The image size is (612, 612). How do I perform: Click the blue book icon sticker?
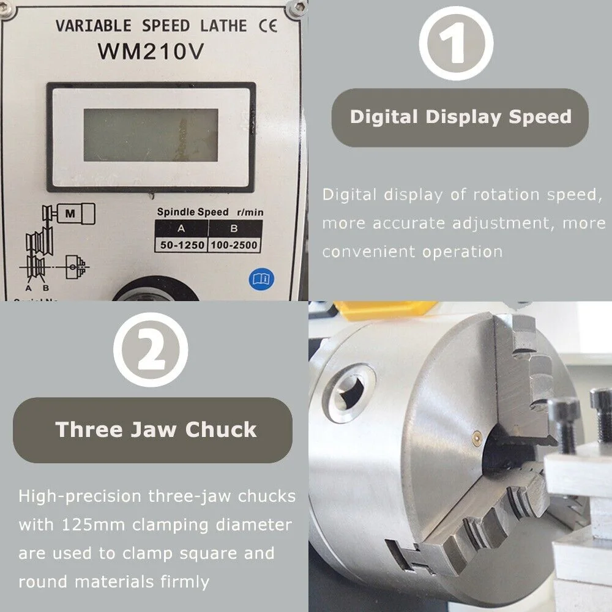[261, 279]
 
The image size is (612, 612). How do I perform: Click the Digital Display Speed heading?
[460, 117]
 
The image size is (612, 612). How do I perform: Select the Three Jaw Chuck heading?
[155, 429]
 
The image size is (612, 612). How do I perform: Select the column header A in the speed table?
[182, 229]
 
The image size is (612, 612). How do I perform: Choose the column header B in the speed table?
[233, 229]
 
